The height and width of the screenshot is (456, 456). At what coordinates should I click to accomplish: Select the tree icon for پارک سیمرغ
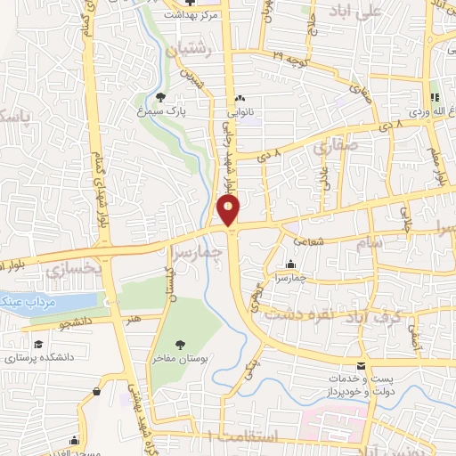tap(160, 98)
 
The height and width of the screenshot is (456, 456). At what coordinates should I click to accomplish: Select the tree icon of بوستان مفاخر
tap(182, 344)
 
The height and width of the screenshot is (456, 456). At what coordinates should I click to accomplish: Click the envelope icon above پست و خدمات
tap(360, 366)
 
